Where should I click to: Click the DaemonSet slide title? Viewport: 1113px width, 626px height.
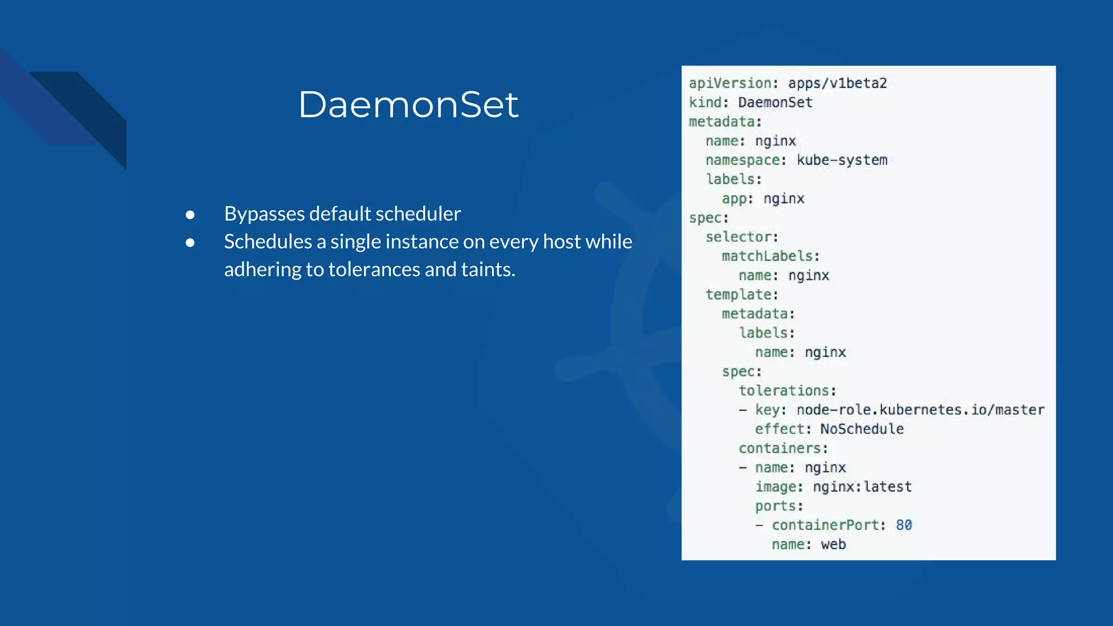[408, 104]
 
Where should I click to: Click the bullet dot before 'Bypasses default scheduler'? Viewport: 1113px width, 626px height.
[190, 215]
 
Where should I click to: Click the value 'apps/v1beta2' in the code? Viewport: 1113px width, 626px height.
[837, 83]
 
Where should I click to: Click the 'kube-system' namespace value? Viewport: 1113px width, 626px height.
[842, 160]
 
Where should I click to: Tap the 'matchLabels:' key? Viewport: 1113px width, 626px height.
[770, 256]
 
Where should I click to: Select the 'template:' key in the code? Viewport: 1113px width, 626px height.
[742, 295]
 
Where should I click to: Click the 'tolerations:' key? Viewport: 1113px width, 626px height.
[787, 391]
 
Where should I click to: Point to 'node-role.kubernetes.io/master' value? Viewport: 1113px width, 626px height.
[920, 410]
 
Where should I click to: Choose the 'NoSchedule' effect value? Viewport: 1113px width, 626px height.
[862, 429]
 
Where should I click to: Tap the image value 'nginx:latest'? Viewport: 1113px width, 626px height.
[862, 487]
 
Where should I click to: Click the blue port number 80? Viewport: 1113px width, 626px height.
[904, 525]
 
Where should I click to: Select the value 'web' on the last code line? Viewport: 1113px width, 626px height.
[833, 544]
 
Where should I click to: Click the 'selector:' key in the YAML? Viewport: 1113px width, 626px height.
[742, 237]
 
